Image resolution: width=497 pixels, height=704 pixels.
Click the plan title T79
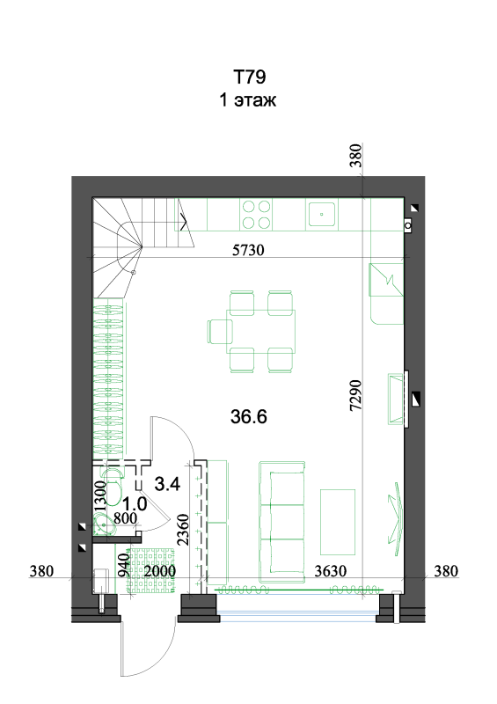pyautogui.click(x=249, y=77)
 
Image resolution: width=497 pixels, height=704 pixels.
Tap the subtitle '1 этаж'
pyautogui.click(x=247, y=99)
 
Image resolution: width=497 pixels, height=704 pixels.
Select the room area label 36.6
pyautogui.click(x=249, y=416)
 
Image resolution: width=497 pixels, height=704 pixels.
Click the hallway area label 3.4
pyautogui.click(x=167, y=484)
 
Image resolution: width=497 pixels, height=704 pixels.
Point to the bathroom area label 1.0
pyautogui.click(x=135, y=503)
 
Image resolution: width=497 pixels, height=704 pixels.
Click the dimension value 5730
pyautogui.click(x=248, y=250)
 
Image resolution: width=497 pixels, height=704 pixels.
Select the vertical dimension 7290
pyautogui.click(x=355, y=395)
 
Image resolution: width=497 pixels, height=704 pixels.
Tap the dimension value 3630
pyautogui.click(x=331, y=571)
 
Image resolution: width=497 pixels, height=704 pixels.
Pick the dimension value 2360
pyautogui.click(x=183, y=530)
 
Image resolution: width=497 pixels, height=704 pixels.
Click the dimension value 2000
pyautogui.click(x=159, y=571)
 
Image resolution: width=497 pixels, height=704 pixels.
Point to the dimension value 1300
pyautogui.click(x=100, y=496)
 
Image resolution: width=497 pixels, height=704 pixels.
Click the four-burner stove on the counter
pyautogui.click(x=256, y=215)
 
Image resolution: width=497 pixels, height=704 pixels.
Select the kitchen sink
pyautogui.click(x=321, y=214)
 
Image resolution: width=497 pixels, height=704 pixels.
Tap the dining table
pyautogui.click(x=261, y=332)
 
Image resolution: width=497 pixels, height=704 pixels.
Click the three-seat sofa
pyautogui.click(x=282, y=522)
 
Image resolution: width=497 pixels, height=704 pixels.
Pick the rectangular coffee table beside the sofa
pyautogui.click(x=338, y=522)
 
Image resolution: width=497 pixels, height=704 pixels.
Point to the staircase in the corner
pyautogui.click(x=143, y=247)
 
